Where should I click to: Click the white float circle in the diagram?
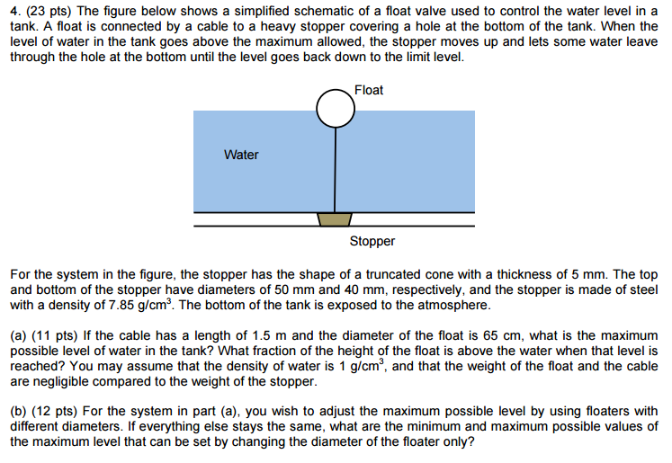coord(335,110)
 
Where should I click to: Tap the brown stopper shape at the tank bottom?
coord(334,219)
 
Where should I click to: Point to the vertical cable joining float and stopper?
coord(335,171)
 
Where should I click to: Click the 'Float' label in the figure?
coord(369,90)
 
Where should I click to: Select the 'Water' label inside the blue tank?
coord(241,155)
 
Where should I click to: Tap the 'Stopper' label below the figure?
coord(372,241)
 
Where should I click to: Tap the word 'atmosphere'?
coord(456,306)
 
